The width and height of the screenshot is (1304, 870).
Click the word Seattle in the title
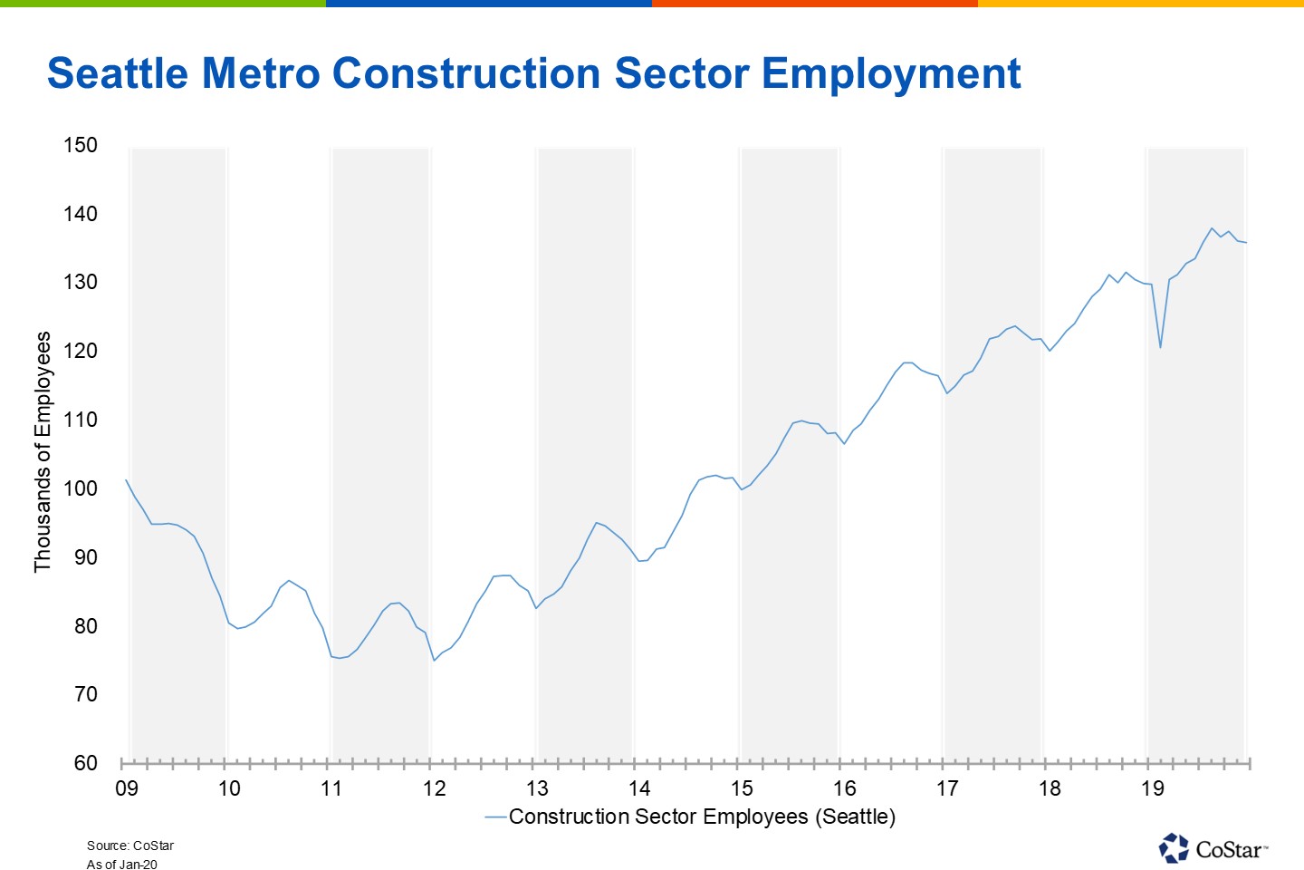(x=117, y=73)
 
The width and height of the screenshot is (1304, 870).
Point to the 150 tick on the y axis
(x=80, y=145)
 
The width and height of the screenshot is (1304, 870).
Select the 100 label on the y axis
(x=80, y=488)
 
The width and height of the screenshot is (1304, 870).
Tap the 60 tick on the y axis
(x=85, y=763)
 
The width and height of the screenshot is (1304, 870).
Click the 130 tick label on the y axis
(x=80, y=282)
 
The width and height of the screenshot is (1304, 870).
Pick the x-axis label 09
(x=127, y=788)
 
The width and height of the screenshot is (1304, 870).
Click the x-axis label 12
(x=435, y=788)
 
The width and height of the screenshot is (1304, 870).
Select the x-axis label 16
(x=844, y=788)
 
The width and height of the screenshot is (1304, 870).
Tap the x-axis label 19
(x=1152, y=788)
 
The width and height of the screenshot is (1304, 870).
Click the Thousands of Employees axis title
(x=43, y=451)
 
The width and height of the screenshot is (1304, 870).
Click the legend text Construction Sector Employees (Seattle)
(x=702, y=817)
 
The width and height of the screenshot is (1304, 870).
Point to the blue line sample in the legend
(x=495, y=817)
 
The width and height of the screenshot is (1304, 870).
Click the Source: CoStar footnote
(x=130, y=846)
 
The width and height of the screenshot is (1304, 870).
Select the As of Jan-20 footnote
(x=122, y=865)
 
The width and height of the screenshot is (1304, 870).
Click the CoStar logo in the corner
(x=1213, y=848)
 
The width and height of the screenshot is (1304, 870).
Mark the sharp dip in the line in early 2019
(x=1160, y=347)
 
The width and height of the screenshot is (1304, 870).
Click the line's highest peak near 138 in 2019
(x=1212, y=228)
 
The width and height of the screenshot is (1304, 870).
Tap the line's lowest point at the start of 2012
(x=434, y=660)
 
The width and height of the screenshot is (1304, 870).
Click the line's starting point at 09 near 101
(x=126, y=480)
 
